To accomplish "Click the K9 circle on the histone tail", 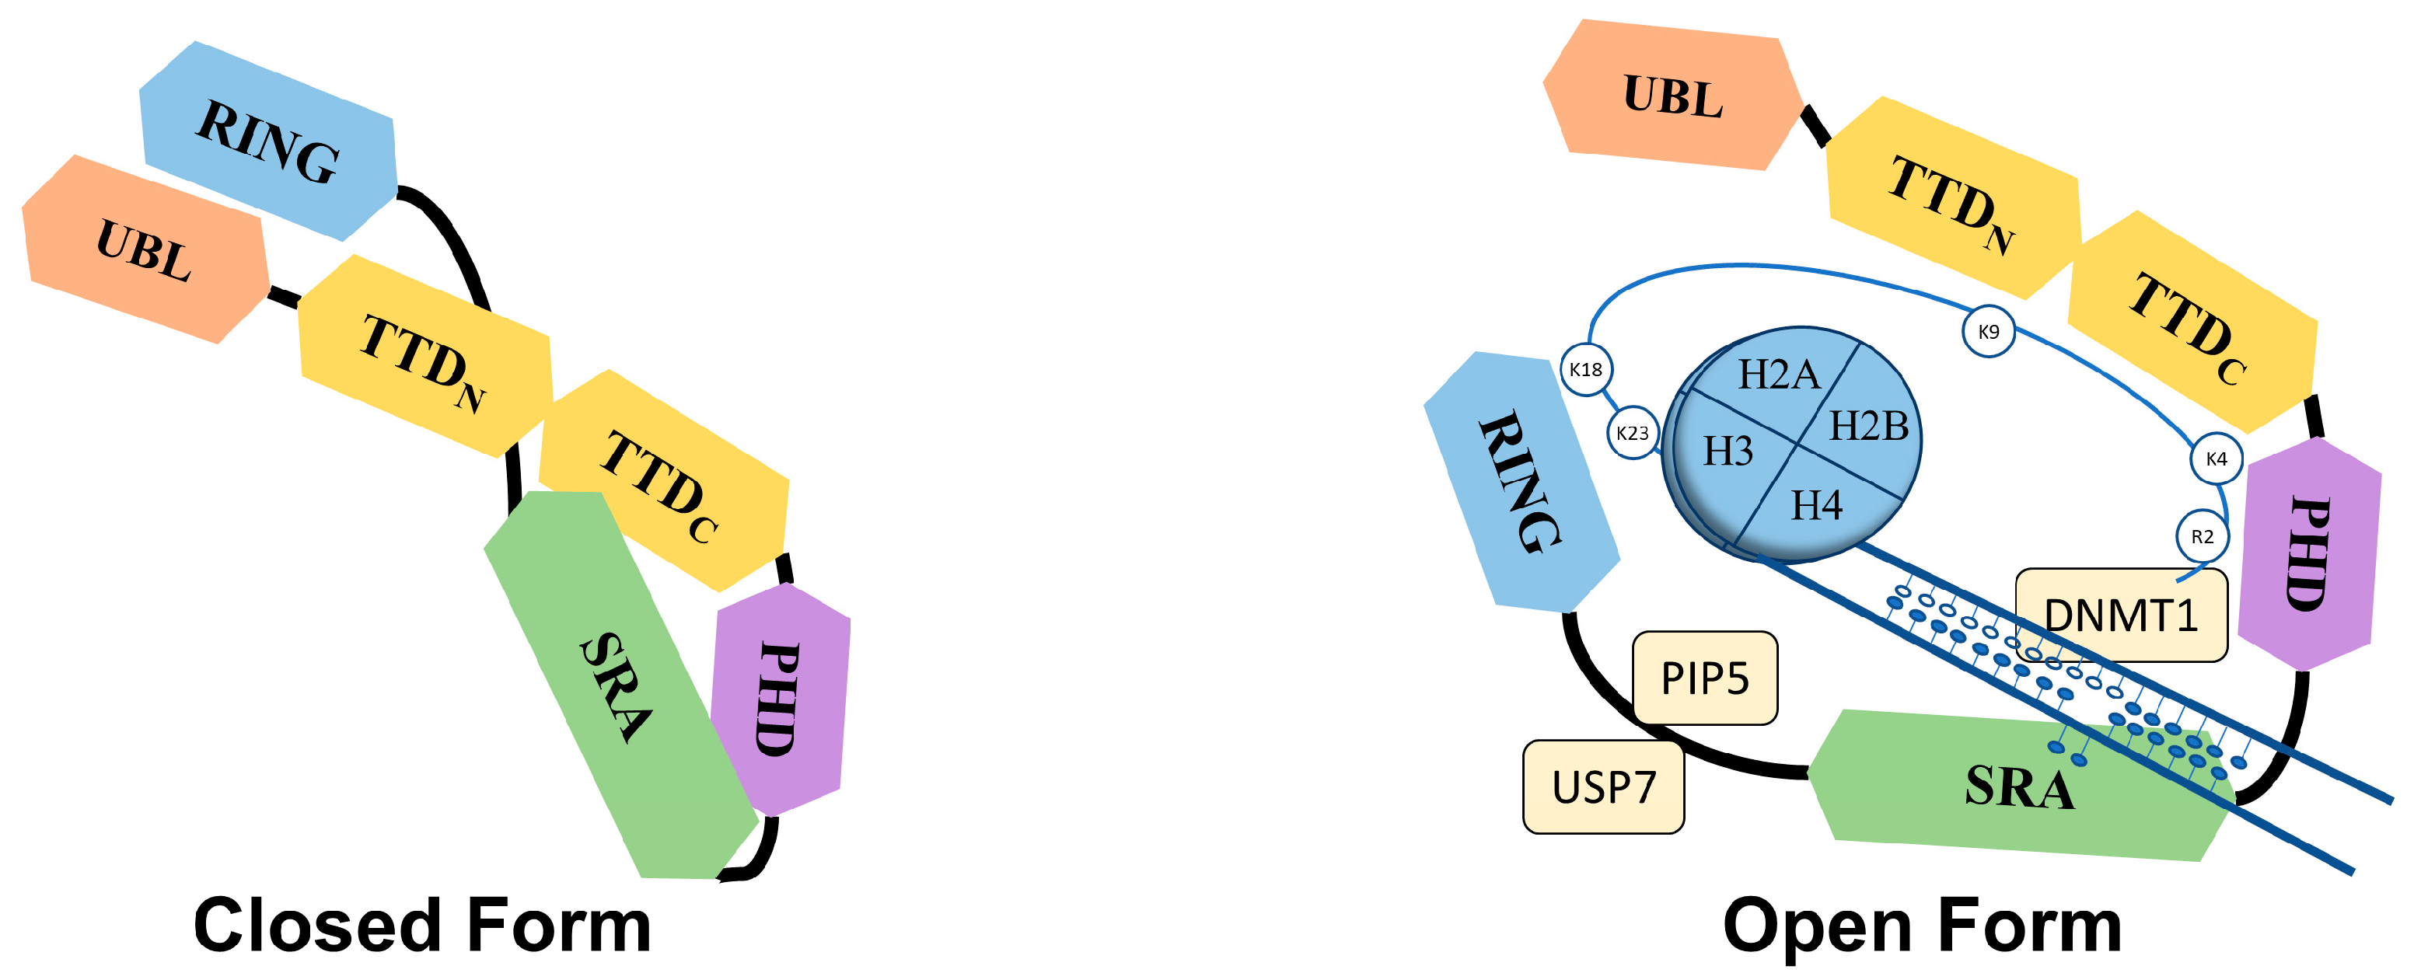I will coord(1988,331).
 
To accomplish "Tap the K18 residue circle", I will coord(1585,369).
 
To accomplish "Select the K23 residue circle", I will coord(1633,433).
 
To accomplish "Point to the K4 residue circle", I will coord(2215,459).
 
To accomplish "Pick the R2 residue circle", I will coord(2201,537).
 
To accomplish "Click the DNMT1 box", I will coord(2121,616).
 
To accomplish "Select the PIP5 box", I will coord(1705,678).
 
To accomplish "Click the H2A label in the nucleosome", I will coord(1779,375).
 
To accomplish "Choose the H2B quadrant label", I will coord(1868,427).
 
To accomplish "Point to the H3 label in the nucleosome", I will coord(1727,452).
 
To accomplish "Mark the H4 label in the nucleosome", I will coord(1816,506).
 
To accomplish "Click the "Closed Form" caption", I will coord(421,926).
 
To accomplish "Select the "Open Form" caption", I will coord(1922,926).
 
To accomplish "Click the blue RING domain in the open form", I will coord(1520,483).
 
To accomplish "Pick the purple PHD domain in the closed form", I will coord(780,699).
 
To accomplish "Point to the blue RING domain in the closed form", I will coord(268,141).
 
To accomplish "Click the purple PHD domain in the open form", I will coord(2309,553).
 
